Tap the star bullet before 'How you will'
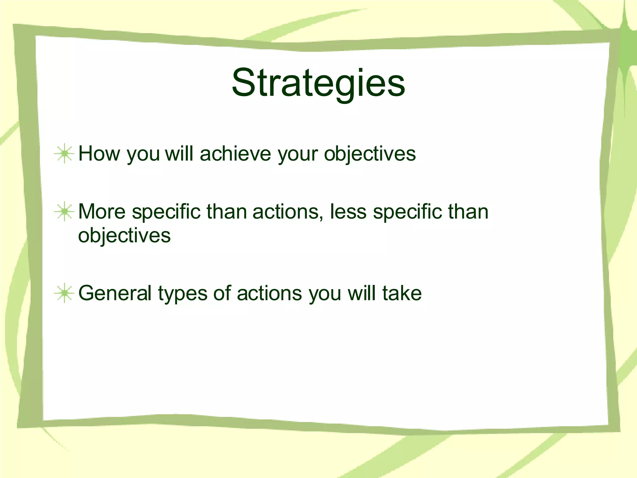(x=64, y=153)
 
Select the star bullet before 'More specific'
(x=64, y=212)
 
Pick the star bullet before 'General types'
(x=64, y=293)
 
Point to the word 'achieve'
(x=235, y=153)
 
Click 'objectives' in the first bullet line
(x=370, y=154)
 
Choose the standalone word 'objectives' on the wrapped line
(x=124, y=236)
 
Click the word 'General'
(x=115, y=293)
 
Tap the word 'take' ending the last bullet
(x=402, y=293)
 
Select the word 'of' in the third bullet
(x=222, y=293)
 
